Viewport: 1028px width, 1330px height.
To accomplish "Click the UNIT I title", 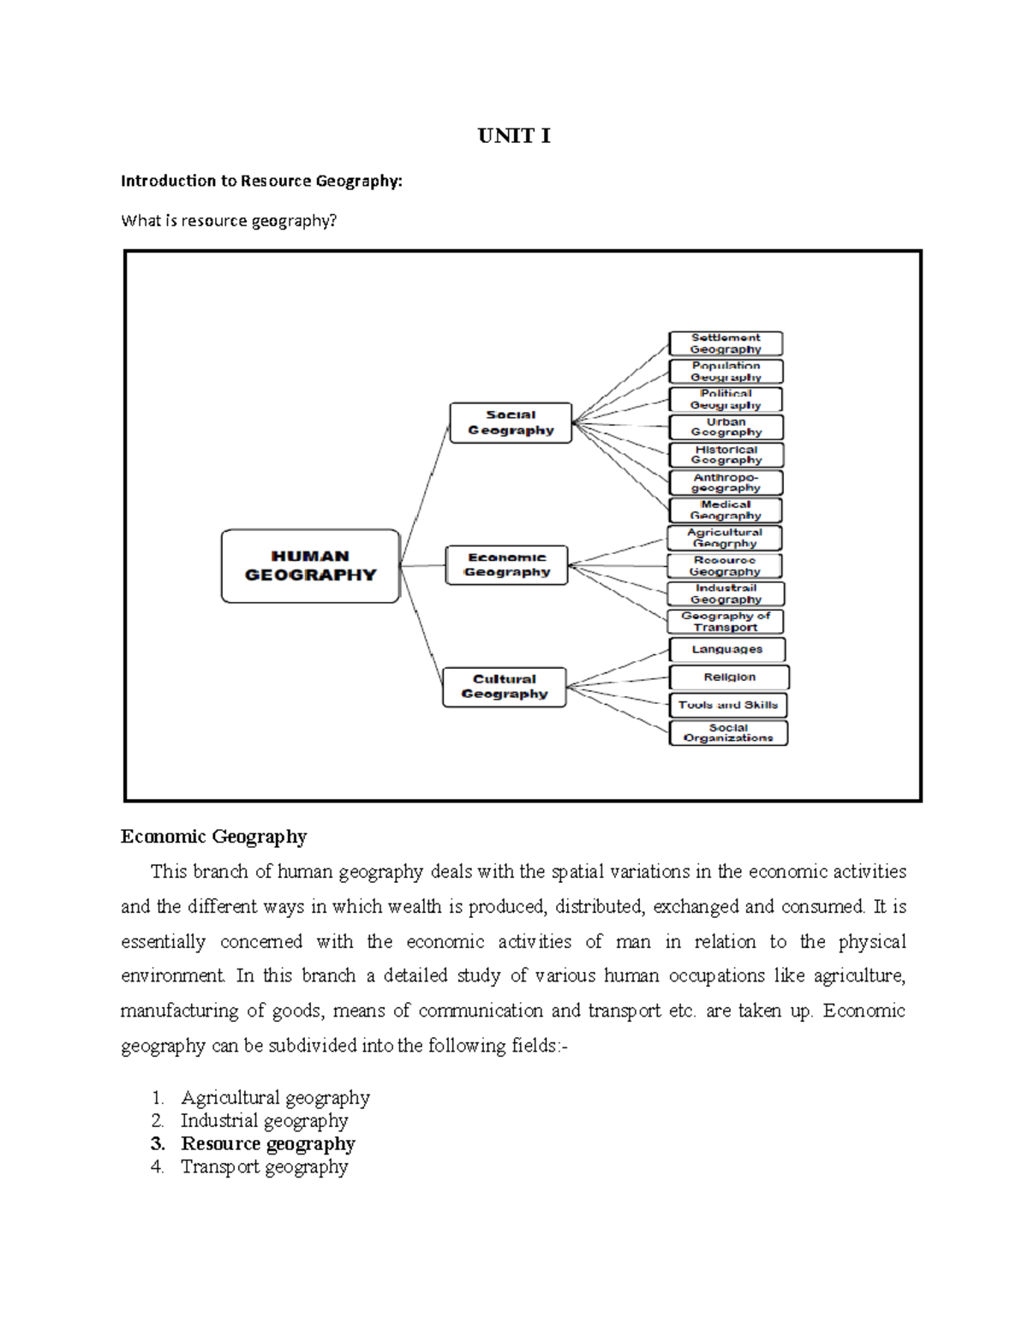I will [514, 136].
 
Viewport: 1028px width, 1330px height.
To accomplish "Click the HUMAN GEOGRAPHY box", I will [310, 566].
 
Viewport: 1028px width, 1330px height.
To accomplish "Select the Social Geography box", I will [511, 423].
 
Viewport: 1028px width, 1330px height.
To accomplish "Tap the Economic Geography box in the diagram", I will [506, 565].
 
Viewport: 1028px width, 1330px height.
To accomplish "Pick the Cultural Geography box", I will [504, 687].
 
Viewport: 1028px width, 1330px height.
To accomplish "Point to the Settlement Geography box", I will [726, 343].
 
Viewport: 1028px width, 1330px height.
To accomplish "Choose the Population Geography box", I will [726, 372].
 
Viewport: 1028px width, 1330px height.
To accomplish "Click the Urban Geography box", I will [726, 427].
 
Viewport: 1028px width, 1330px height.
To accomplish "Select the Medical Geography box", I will [726, 510].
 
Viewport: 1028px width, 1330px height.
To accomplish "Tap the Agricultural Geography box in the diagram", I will [725, 538].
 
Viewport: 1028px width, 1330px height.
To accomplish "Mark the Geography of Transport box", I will [726, 622].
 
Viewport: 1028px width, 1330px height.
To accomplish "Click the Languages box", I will [727, 649].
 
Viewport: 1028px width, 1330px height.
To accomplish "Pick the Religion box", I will [729, 677].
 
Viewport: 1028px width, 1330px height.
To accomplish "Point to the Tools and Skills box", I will [728, 706].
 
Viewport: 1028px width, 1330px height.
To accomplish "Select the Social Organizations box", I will [728, 733].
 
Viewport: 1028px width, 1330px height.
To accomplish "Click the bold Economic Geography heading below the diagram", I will [213, 837].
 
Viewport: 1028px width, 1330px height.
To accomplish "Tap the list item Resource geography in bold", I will [267, 1144].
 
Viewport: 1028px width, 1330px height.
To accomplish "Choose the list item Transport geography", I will [264, 1167].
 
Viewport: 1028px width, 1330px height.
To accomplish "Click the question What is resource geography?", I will [229, 221].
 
